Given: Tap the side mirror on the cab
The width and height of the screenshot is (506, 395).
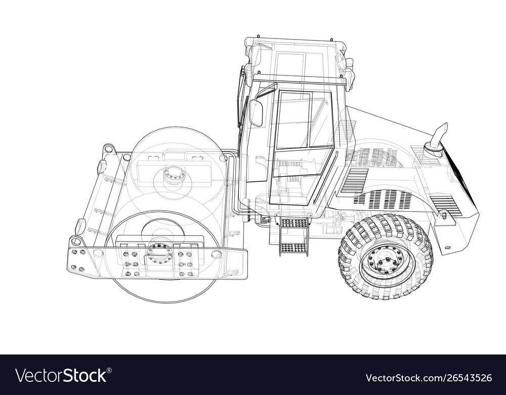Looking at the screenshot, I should tap(256, 112).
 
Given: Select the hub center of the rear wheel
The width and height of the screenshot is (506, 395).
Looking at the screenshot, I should tap(386, 260).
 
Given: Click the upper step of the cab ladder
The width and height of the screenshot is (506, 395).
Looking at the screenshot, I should tap(294, 223).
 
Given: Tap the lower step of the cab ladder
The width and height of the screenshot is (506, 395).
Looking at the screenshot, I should tap(293, 248).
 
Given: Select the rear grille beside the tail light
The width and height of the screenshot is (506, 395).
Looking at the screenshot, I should tap(446, 204).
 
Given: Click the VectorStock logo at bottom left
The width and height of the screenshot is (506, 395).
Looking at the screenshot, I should tap(61, 376).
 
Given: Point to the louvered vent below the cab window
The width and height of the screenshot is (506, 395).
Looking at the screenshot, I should tap(354, 180).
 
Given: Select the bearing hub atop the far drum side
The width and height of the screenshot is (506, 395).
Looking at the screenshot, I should tap(175, 175).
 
